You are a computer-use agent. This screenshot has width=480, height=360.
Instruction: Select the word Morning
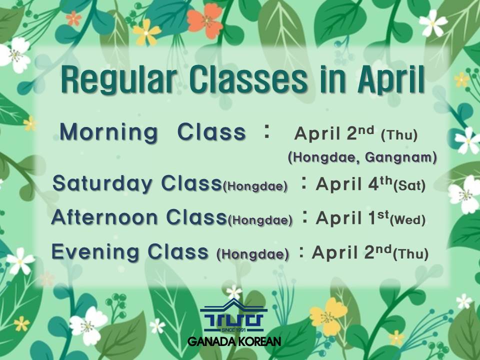pos(108,132)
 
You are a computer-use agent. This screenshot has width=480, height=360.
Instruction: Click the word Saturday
pos(102,183)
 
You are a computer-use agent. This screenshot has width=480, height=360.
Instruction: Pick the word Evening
pos(95,251)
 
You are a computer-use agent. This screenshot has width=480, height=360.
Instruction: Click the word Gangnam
pos(400,157)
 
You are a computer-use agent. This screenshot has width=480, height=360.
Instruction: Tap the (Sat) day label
pos(409,185)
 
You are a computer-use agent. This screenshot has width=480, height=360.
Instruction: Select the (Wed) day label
pos(408,220)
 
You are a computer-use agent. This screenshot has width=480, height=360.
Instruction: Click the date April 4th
pos(354,183)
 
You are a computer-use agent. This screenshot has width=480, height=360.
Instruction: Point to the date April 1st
pos(352,217)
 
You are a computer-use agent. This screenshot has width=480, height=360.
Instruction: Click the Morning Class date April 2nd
pos(334,133)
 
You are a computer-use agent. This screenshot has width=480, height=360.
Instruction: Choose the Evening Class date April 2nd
pos(351,252)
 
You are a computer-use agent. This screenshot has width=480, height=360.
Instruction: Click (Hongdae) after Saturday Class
pos(255,186)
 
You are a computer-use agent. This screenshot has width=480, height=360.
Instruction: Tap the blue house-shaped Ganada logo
pos(233,315)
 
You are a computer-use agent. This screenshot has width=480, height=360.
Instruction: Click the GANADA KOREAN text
pos(234,341)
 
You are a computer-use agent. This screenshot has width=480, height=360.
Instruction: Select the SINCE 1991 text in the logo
pos(233,329)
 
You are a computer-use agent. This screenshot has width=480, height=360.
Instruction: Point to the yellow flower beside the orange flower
pos(146,32)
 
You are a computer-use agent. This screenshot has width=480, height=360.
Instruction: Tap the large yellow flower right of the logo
pos(328,317)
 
